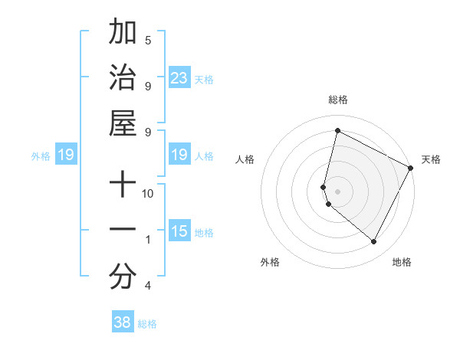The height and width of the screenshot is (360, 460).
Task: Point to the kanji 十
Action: (123, 186)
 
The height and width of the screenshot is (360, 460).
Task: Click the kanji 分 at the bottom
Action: (123, 277)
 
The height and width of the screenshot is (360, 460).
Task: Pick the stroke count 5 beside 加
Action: (148, 40)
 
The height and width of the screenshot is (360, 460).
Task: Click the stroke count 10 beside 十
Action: (148, 193)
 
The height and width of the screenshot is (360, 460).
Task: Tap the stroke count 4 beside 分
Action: (148, 286)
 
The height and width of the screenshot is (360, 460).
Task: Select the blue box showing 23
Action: (179, 78)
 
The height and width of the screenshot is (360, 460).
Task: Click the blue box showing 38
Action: (123, 322)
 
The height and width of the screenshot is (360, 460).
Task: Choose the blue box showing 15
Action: (179, 231)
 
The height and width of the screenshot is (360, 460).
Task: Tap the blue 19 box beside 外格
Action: (65, 155)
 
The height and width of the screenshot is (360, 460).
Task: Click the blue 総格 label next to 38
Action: (147, 324)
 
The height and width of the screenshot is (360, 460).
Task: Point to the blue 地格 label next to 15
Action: (204, 232)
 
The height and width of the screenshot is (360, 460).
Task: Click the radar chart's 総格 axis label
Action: (337, 100)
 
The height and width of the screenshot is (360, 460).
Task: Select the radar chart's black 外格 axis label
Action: (270, 262)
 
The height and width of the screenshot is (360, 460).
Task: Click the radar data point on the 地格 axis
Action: (374, 242)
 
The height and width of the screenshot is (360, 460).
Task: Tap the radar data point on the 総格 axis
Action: (337, 130)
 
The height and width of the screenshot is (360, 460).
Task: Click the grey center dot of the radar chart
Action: (337, 191)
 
